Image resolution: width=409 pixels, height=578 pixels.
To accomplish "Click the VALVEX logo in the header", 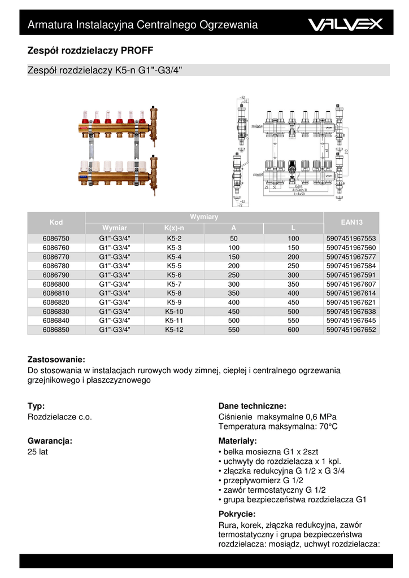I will (345, 24).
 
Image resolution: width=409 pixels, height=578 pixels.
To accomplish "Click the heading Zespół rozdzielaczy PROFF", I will (90, 50).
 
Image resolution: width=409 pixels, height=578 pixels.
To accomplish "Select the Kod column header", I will (56, 222).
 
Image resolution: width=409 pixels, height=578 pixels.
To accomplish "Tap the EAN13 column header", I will (351, 222).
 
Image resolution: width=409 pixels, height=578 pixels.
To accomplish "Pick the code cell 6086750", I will (56, 239).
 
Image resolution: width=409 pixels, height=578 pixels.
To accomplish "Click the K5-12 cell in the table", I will (174, 330).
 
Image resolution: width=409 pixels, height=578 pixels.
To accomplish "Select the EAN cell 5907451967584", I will (351, 266).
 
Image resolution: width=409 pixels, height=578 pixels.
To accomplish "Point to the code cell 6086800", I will (56, 284).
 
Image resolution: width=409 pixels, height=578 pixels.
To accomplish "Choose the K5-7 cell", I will (174, 284).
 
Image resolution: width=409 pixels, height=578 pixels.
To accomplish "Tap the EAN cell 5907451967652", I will (351, 330).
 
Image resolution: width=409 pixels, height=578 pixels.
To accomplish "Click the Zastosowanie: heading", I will (56, 360).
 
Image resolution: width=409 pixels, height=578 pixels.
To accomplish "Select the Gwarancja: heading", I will (50, 441).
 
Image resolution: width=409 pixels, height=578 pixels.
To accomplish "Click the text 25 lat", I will (37, 453).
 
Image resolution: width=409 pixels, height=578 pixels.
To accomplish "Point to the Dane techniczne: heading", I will (253, 406).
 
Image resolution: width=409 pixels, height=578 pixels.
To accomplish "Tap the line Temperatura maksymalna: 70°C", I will (277, 427).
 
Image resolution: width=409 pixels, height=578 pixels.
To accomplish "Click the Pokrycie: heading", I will (237, 514).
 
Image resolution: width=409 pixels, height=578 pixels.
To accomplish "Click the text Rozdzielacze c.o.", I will (60, 417).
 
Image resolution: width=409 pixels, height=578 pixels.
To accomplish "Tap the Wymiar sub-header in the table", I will (114, 228).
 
